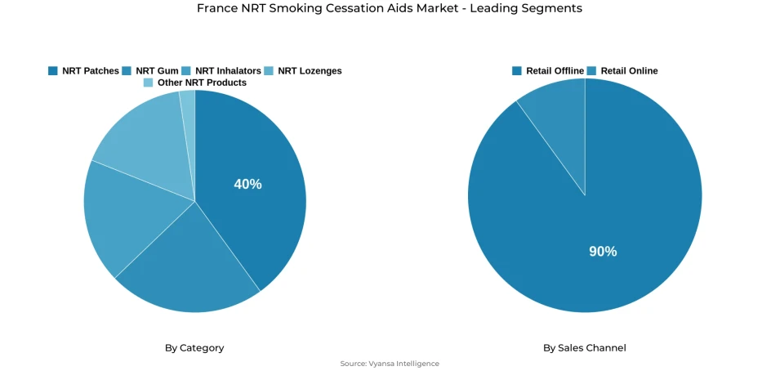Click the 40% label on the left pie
[247, 185]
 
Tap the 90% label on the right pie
[603, 252]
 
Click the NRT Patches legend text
[90, 71]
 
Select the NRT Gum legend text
[157, 71]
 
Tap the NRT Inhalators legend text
[228, 71]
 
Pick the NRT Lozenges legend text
[310, 71]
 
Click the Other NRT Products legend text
[202, 83]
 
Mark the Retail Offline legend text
[555, 71]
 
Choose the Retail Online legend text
[629, 71]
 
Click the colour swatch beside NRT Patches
[53, 71]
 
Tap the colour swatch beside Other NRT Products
[148, 83]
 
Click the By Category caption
[194, 348]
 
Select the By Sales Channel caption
[585, 348]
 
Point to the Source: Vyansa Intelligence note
[390, 364]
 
